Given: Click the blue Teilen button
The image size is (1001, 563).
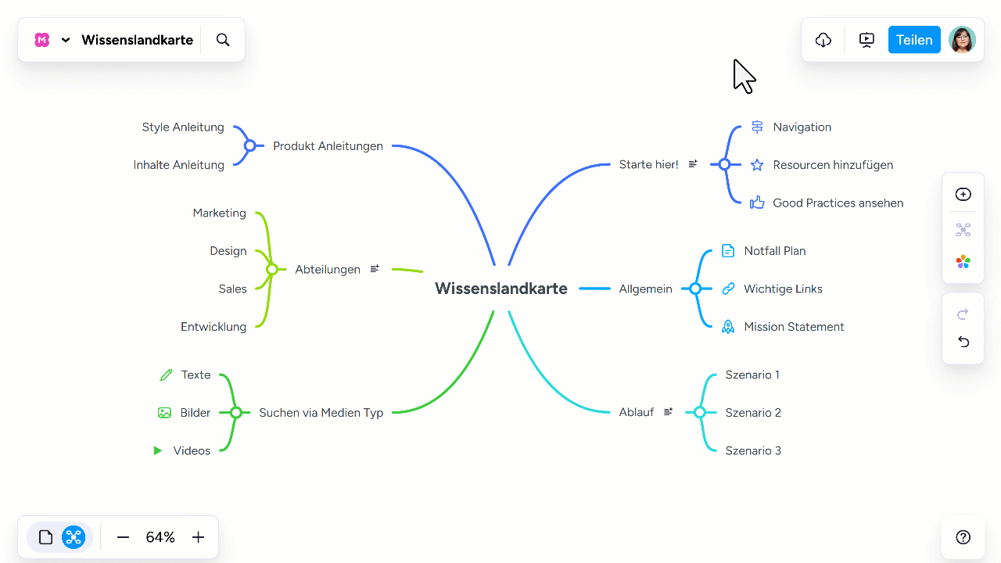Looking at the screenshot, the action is coord(914,40).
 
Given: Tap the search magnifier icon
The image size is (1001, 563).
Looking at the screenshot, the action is coord(223,40).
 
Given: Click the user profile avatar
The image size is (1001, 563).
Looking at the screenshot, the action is coord(962,40).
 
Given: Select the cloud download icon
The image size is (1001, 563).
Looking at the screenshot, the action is coord(823,40).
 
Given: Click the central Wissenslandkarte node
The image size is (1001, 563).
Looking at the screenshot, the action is coord(501,289).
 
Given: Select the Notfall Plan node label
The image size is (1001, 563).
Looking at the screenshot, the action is coord(775,251).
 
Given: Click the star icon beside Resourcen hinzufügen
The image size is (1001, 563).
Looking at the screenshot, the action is coord(756,165).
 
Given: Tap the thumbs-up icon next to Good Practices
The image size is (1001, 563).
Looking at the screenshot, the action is coord(756,203).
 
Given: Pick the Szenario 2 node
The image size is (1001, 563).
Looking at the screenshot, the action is coord(753,412).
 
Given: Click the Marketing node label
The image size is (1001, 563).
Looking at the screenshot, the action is coord(220,213).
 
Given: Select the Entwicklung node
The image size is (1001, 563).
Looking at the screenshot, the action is coord(213,327).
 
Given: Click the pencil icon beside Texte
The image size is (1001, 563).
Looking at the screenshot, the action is coord(166,375).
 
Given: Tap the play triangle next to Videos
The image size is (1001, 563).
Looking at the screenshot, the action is coord(157,450).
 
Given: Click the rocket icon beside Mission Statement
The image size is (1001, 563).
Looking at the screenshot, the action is coord(728,327).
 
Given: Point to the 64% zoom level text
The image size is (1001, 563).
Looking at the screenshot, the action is coord(160,537).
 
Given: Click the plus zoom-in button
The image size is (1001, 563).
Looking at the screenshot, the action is coord(198,537).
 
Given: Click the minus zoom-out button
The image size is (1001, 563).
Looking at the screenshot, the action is coord(123,537).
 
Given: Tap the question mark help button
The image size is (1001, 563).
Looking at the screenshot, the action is coord(963,537).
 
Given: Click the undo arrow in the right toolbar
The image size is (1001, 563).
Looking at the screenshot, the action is coord(963,342).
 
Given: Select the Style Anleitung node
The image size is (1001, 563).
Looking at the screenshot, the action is coord(183,127).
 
